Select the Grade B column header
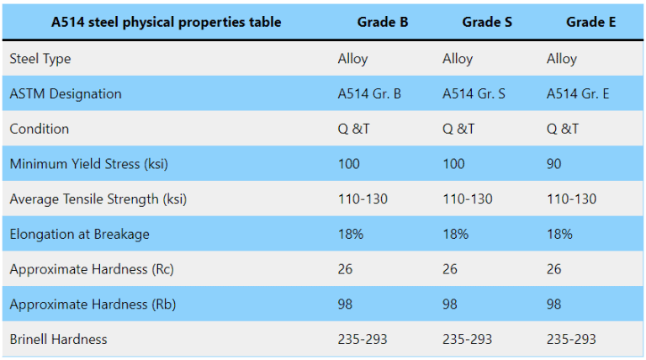(383, 22)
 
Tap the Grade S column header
(487, 22)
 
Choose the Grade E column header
(591, 22)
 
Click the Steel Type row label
(40, 59)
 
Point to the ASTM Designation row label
(66, 93)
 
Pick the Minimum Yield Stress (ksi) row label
(89, 164)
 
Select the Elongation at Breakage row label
(79, 235)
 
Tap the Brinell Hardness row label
(59, 339)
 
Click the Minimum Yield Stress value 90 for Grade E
(554, 164)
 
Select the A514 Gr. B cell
(369, 93)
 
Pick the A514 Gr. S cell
(474, 93)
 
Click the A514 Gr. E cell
(578, 93)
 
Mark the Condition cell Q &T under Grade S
(458, 129)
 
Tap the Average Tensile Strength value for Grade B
(363, 199)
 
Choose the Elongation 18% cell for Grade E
(560, 235)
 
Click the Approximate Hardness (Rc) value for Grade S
(450, 269)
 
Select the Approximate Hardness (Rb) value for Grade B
(346, 304)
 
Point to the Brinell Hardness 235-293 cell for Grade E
(571, 339)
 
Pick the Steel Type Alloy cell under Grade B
(352, 59)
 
